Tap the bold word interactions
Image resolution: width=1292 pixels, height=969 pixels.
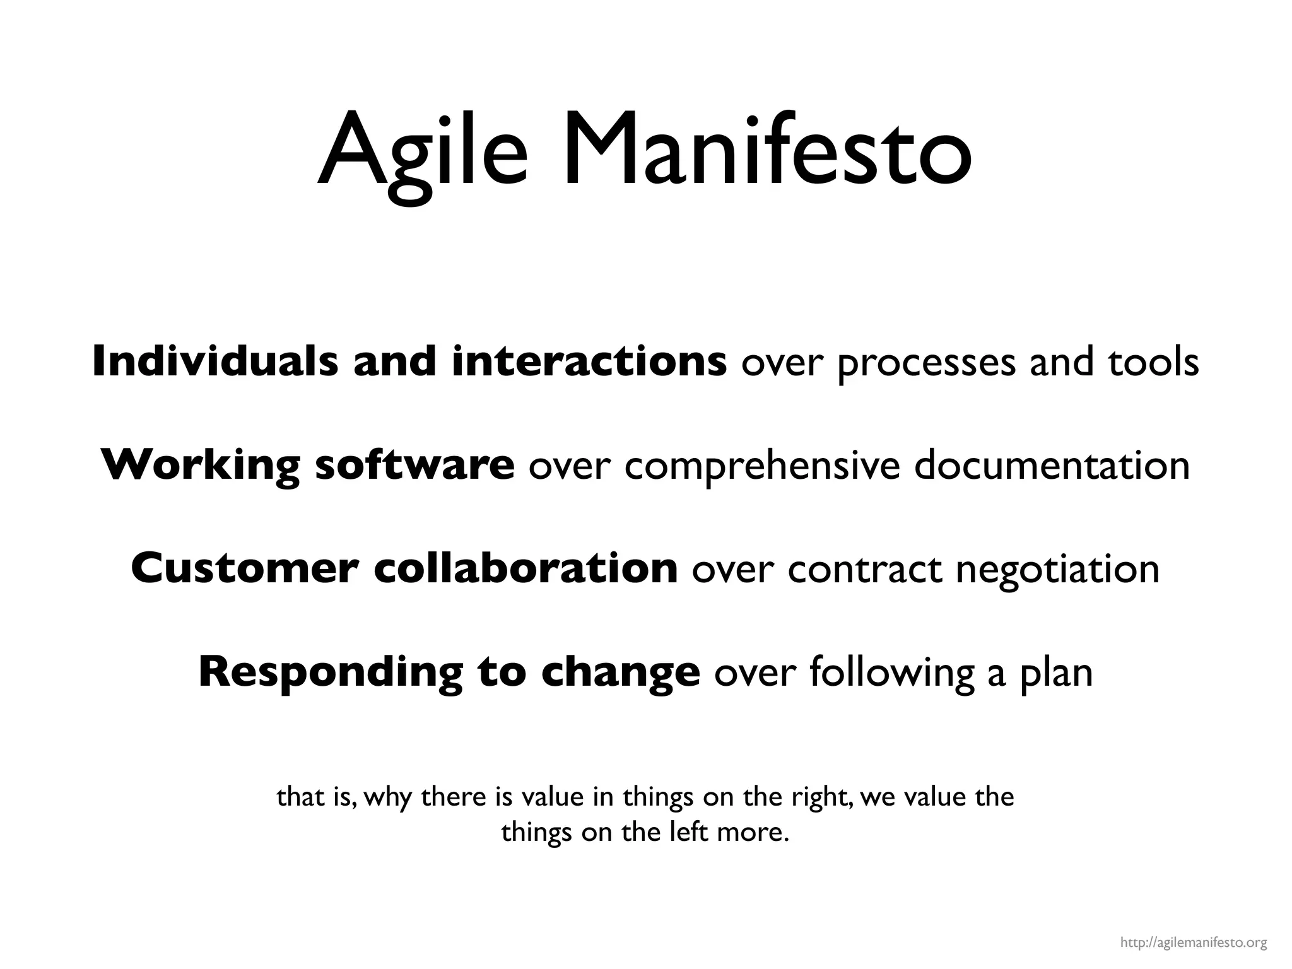click(x=589, y=362)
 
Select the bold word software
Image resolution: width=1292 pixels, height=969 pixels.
click(x=414, y=466)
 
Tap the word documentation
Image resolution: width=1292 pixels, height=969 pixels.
click(x=1052, y=466)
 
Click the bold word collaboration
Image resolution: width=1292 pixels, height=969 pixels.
click(x=526, y=568)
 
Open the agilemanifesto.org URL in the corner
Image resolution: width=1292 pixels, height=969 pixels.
click(x=1194, y=943)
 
